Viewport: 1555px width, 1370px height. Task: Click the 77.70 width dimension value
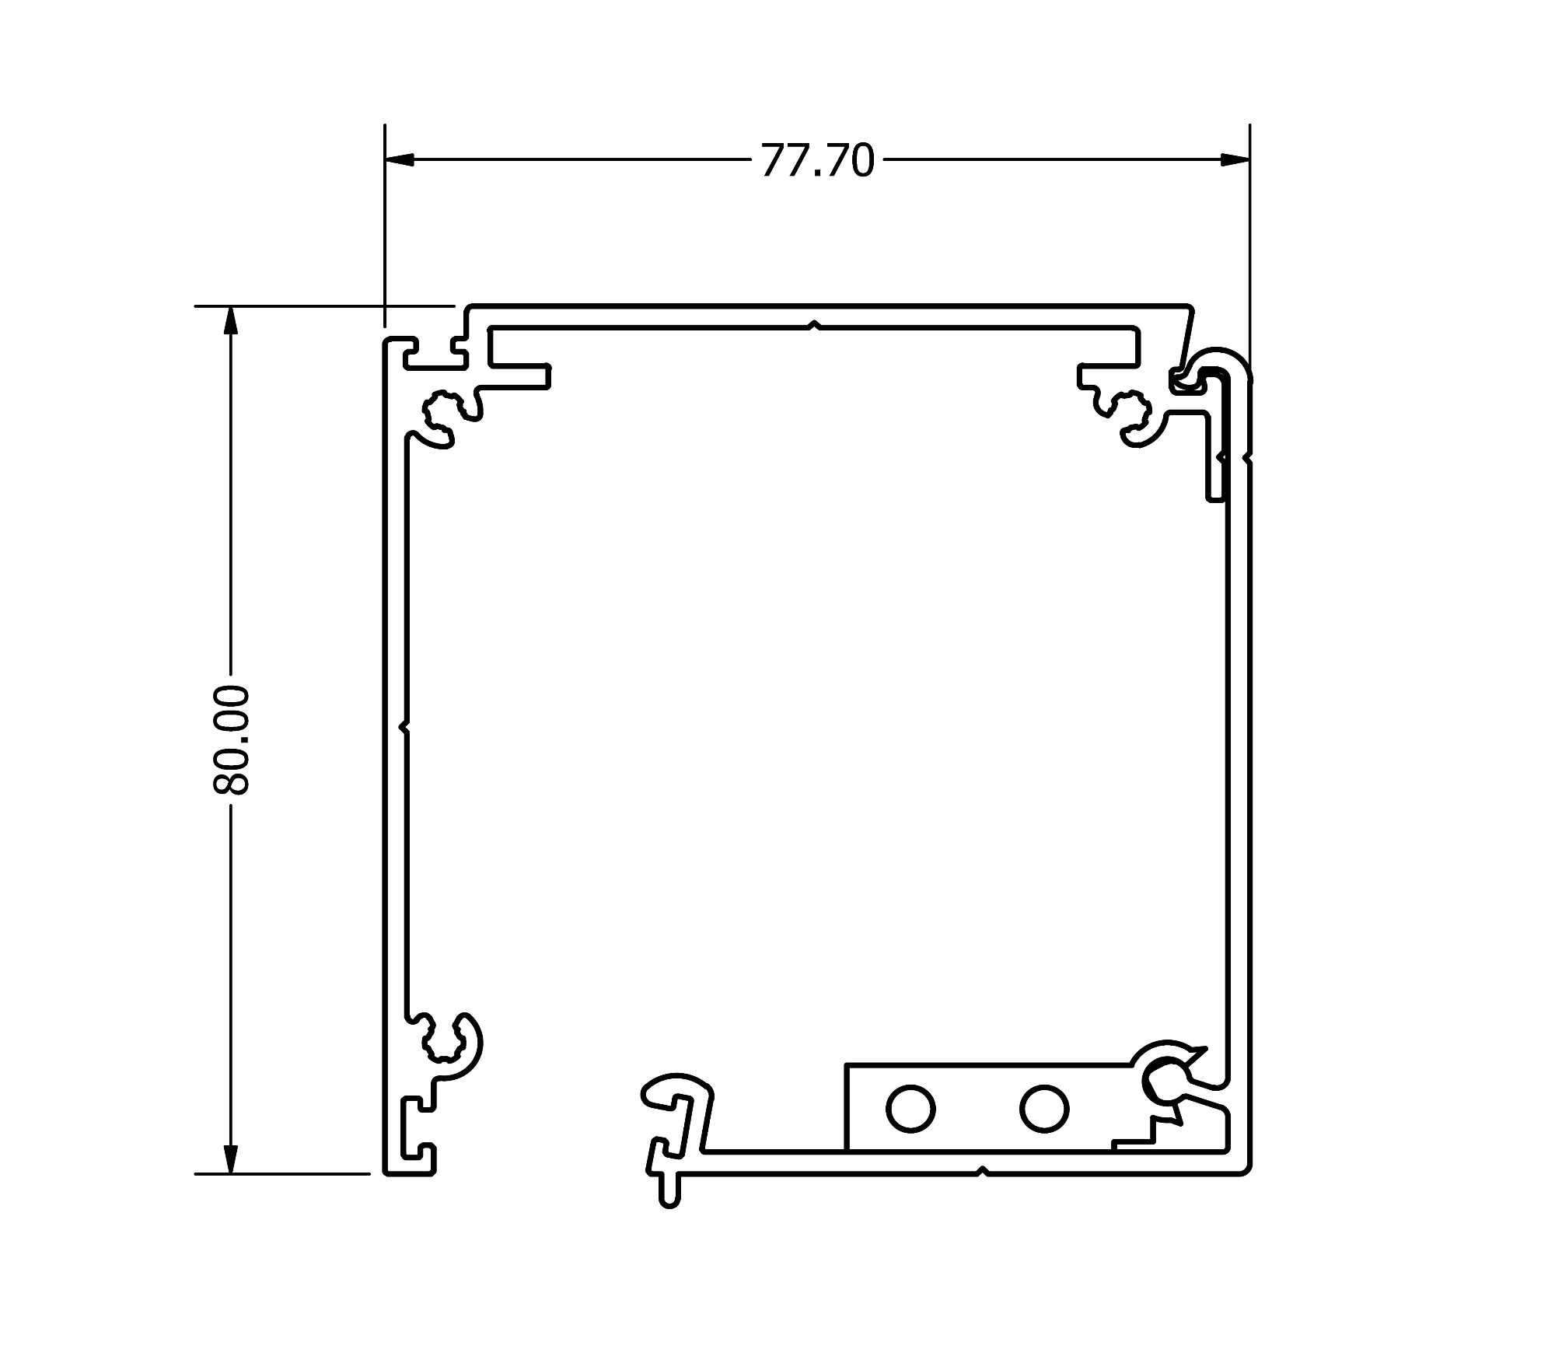(x=817, y=161)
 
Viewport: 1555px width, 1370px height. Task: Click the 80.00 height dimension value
(x=231, y=739)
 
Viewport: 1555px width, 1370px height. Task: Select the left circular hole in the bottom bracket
(x=910, y=1108)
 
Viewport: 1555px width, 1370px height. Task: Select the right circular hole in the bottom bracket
(x=1044, y=1108)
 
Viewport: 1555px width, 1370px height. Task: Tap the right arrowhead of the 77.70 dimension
(x=1235, y=159)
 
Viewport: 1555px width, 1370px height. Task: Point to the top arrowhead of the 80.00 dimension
(x=230, y=320)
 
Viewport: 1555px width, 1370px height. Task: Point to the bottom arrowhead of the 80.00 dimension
(x=230, y=1159)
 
